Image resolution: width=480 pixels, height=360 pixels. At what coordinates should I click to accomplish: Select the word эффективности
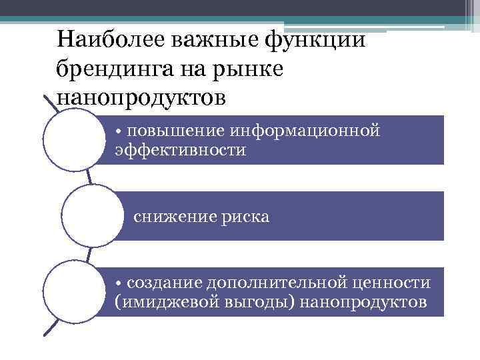click(180, 151)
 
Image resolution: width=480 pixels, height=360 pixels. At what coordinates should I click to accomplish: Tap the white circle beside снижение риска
click(89, 216)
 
